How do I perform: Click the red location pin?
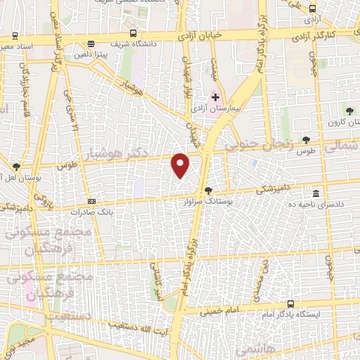pyautogui.click(x=181, y=165)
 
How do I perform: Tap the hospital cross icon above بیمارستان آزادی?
pyautogui.click(x=216, y=96)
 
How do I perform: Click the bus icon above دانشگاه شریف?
pyautogui.click(x=134, y=33)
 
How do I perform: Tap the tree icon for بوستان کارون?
pyautogui.click(x=349, y=110)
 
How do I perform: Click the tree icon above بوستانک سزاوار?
pyautogui.click(x=207, y=190)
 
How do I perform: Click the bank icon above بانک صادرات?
pyautogui.click(x=91, y=200)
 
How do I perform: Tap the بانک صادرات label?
pyautogui.click(x=95, y=211)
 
